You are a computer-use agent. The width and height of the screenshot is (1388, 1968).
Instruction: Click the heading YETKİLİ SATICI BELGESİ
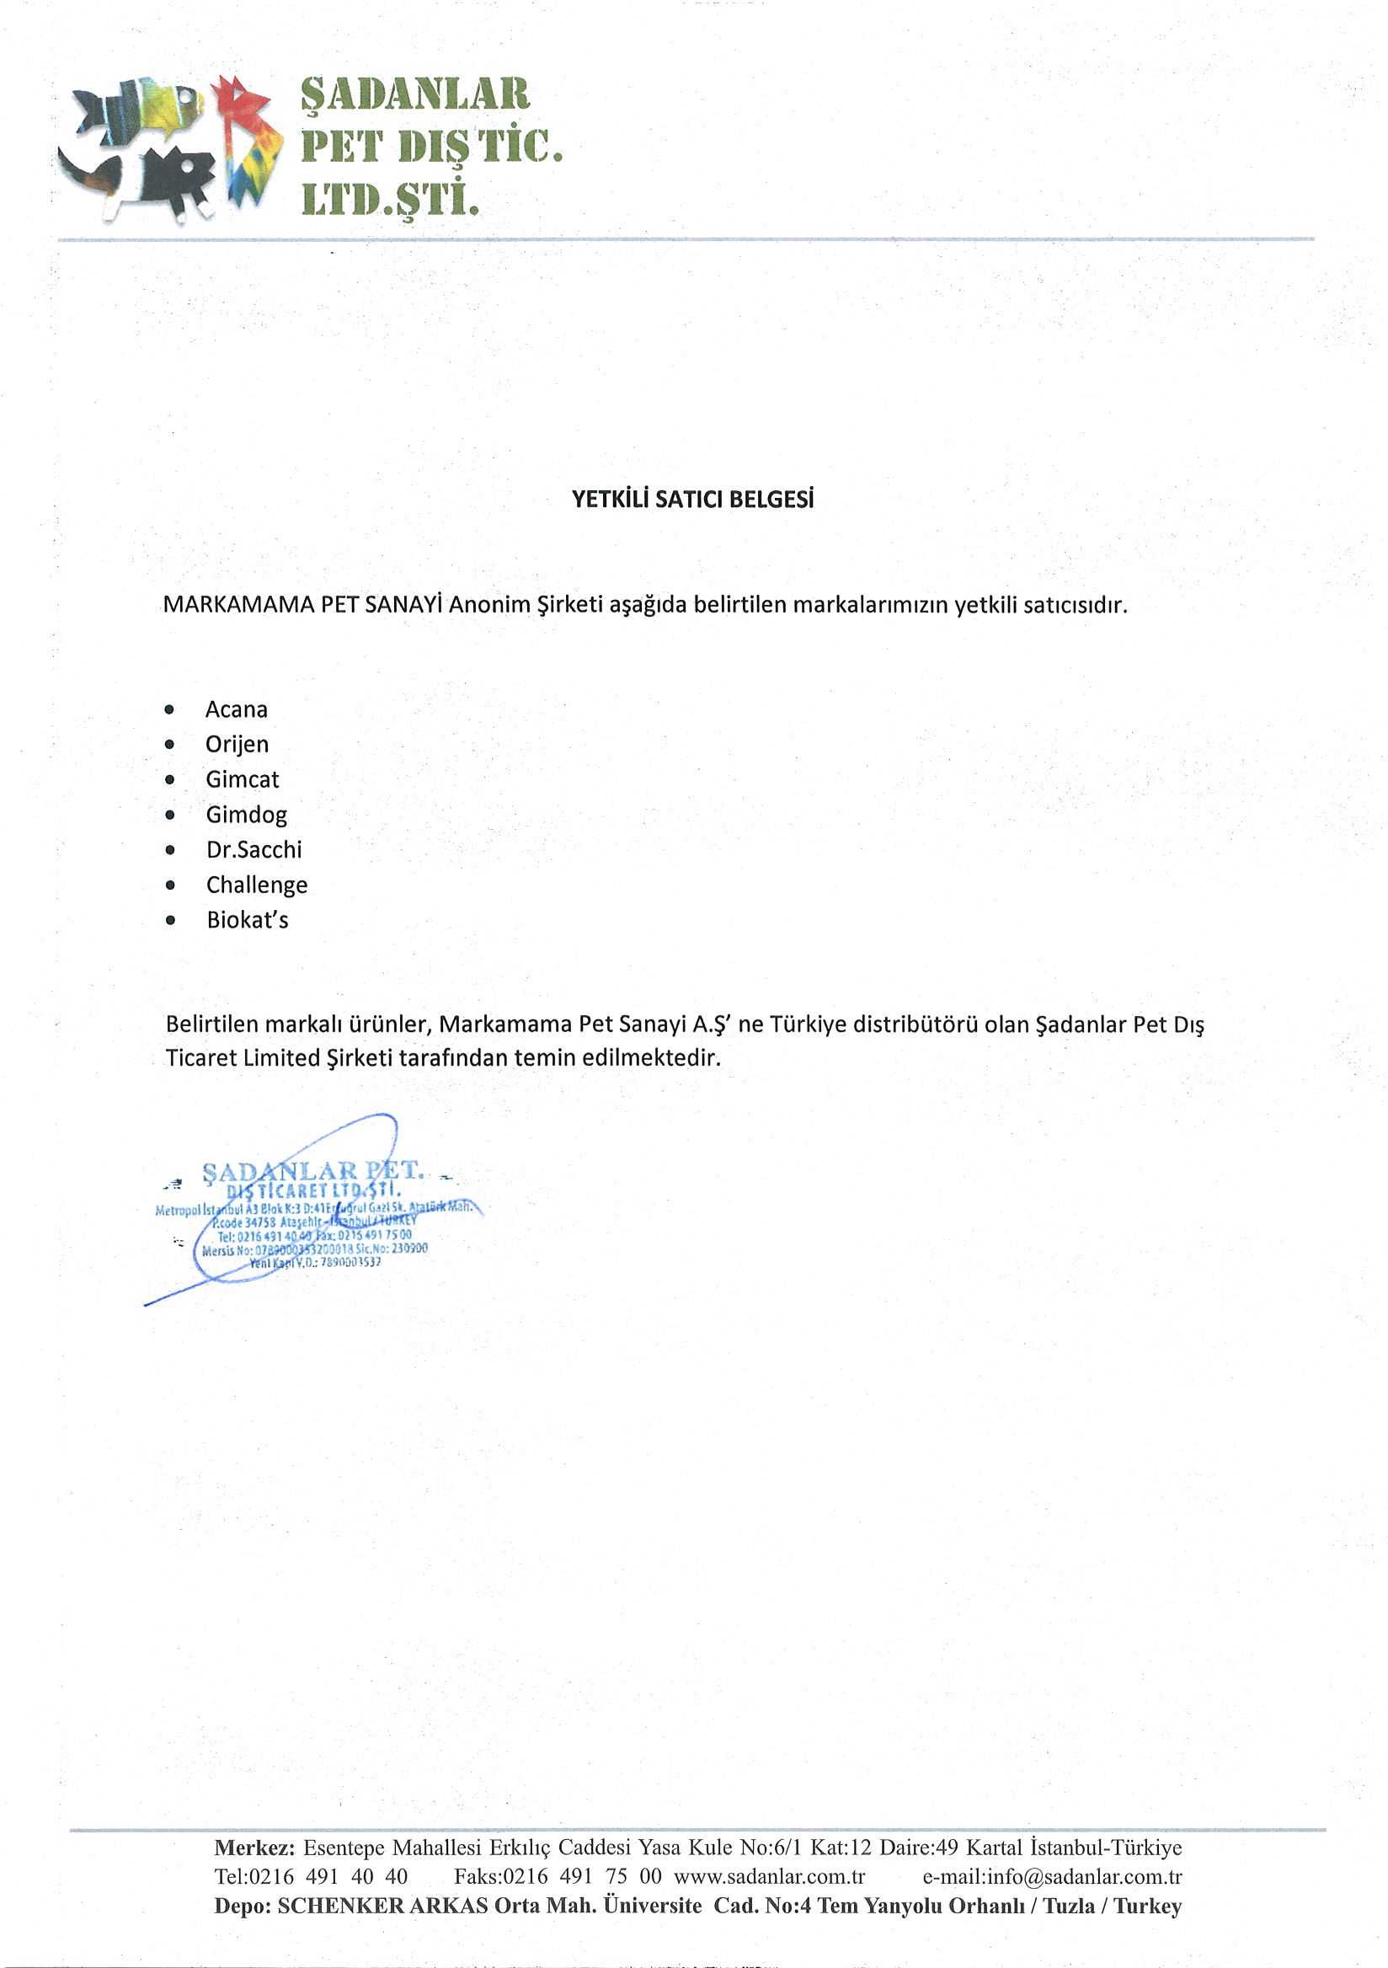point(692,499)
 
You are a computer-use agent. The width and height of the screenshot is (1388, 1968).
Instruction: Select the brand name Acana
point(237,709)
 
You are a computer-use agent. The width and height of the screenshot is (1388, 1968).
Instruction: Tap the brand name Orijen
point(237,745)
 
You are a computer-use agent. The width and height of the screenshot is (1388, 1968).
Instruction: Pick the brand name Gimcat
point(243,780)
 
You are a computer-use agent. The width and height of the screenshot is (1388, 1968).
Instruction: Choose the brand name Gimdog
point(246,816)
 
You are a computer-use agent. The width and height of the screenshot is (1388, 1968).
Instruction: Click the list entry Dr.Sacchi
point(254,850)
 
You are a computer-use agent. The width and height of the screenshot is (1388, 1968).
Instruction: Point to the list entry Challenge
point(256,885)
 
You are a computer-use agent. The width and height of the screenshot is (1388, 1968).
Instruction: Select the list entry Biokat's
point(247,921)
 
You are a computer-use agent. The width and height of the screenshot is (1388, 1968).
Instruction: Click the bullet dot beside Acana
point(169,709)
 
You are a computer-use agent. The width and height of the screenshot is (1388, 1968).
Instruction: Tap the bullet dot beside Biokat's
point(170,921)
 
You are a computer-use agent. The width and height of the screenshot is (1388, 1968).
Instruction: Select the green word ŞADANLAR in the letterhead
point(414,94)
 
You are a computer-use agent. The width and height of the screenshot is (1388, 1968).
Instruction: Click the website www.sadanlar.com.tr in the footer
point(770,1876)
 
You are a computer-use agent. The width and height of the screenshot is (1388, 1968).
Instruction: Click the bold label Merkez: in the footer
point(254,1848)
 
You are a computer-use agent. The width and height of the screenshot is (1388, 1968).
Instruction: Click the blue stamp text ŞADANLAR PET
point(312,1172)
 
